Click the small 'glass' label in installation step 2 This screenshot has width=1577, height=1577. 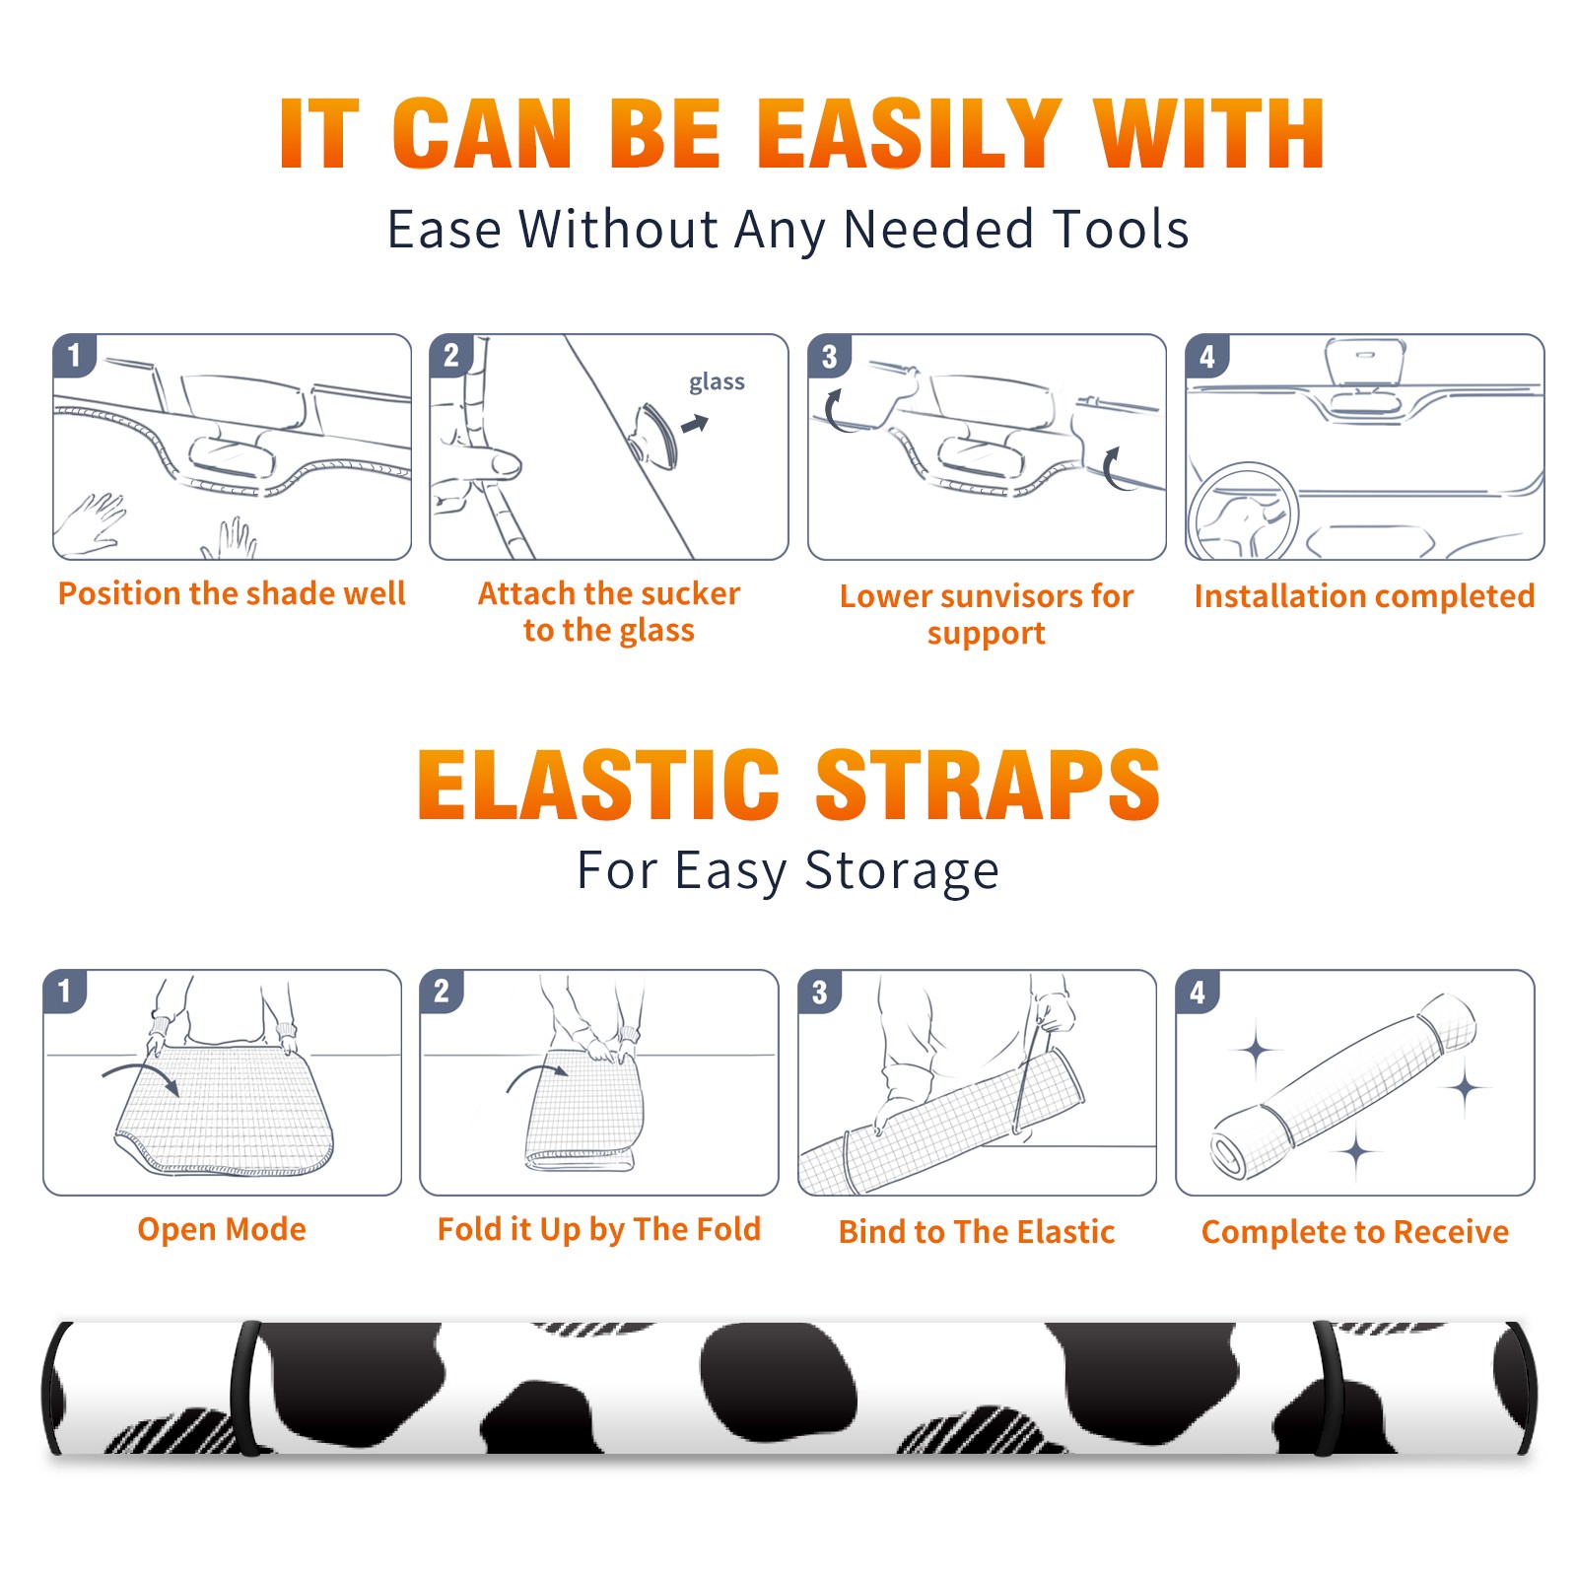pos(717,381)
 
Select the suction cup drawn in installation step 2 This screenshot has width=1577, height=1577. pos(654,434)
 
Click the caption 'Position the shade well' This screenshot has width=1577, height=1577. pos(232,593)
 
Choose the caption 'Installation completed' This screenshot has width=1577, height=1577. pos(1364,596)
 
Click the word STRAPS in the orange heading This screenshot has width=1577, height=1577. pos(988,785)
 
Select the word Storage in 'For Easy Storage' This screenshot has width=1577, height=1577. pos(902,871)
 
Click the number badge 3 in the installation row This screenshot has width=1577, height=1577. pos(829,356)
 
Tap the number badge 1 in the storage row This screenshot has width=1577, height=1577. pos(65,991)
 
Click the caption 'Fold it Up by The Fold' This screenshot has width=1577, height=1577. pos(599,1229)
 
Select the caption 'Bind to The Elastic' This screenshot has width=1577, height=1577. pos(977,1232)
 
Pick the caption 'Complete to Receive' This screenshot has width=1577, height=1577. pos(1355,1232)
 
